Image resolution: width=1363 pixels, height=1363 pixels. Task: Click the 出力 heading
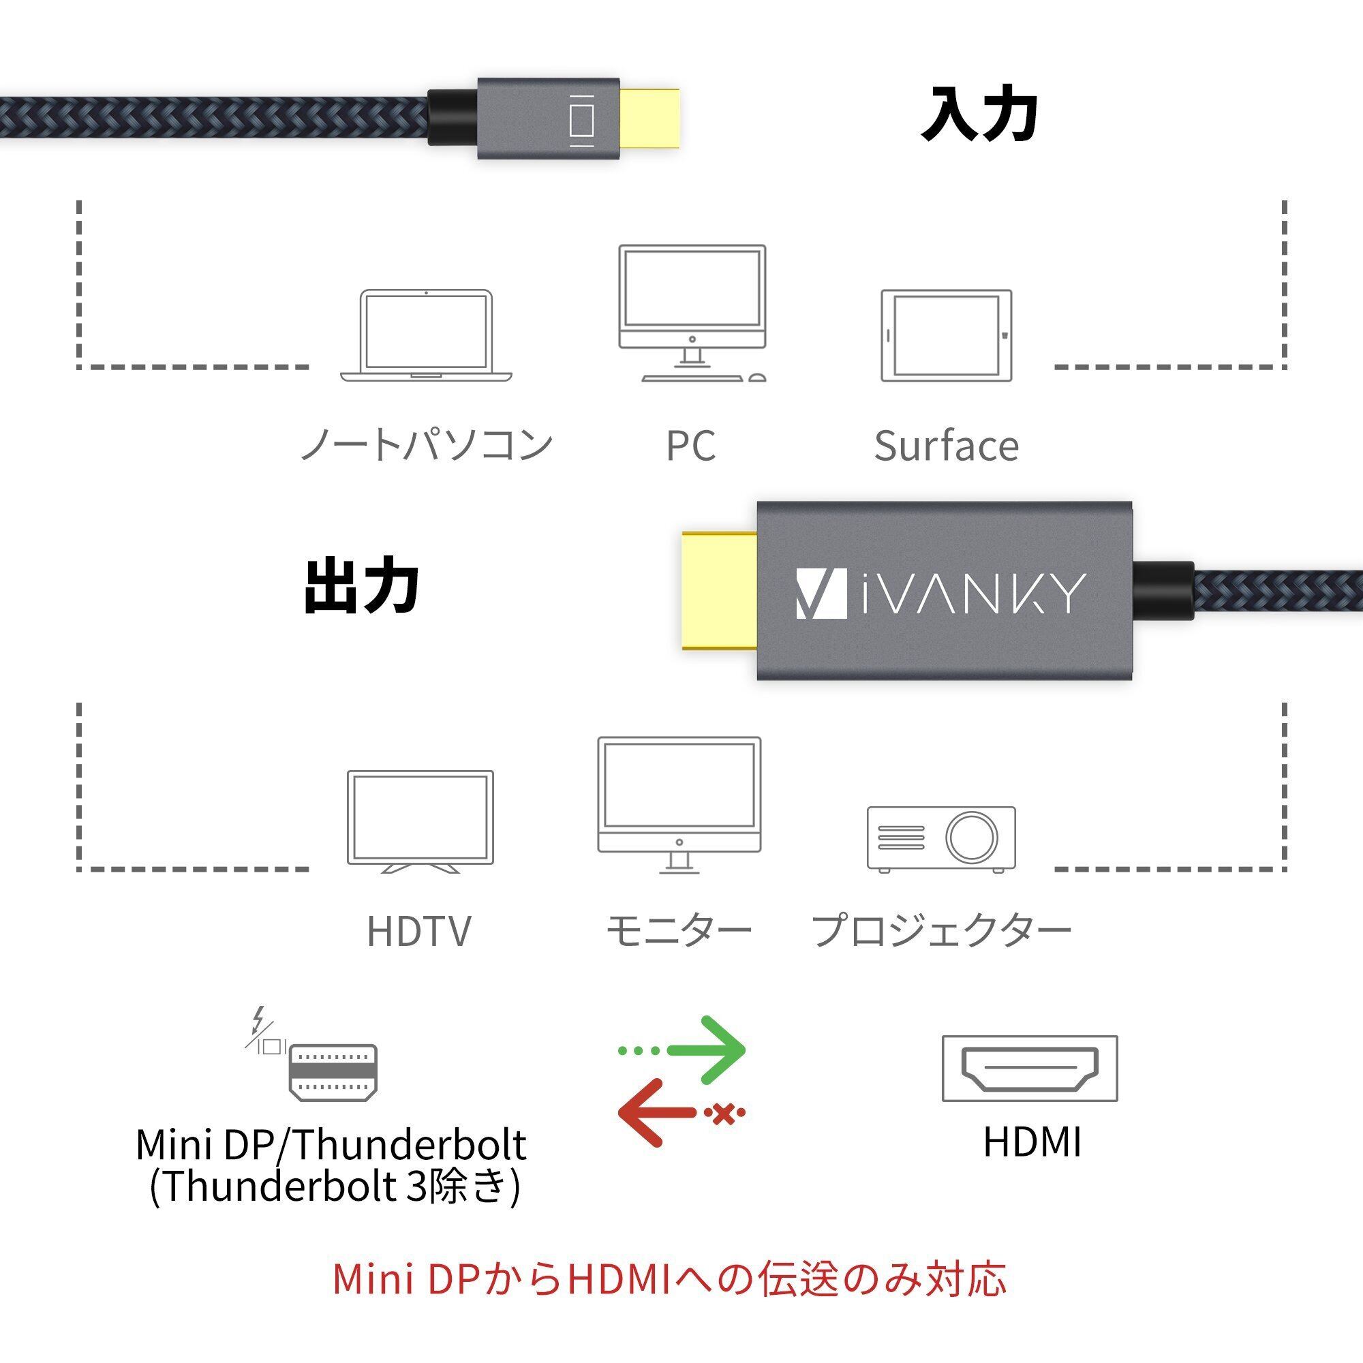click(x=362, y=585)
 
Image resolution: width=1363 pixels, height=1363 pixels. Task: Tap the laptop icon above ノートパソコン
click(x=426, y=335)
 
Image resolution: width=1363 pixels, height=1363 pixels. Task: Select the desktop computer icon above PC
click(x=692, y=313)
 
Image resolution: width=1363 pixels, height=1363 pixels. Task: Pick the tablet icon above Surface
click(x=946, y=335)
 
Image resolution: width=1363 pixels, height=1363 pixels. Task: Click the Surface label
click(x=946, y=446)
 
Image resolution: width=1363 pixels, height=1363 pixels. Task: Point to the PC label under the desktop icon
click(x=690, y=446)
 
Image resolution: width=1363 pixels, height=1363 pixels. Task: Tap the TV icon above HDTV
click(x=420, y=821)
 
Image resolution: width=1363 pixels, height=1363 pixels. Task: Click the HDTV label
click(x=419, y=930)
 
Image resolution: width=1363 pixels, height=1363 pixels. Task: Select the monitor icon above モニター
click(x=679, y=805)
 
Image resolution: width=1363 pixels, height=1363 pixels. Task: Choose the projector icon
click(x=941, y=840)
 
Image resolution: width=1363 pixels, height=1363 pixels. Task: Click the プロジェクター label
click(x=941, y=930)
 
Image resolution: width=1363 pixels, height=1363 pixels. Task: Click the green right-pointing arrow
click(x=681, y=1050)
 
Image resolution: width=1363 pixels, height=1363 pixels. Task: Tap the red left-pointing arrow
click(x=681, y=1114)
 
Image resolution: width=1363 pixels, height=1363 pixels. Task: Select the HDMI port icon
click(x=1030, y=1068)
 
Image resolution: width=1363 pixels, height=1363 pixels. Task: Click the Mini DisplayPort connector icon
click(x=333, y=1073)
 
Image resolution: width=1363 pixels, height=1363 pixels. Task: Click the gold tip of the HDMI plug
click(x=720, y=591)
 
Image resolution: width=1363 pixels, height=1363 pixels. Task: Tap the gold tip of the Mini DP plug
click(x=649, y=119)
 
